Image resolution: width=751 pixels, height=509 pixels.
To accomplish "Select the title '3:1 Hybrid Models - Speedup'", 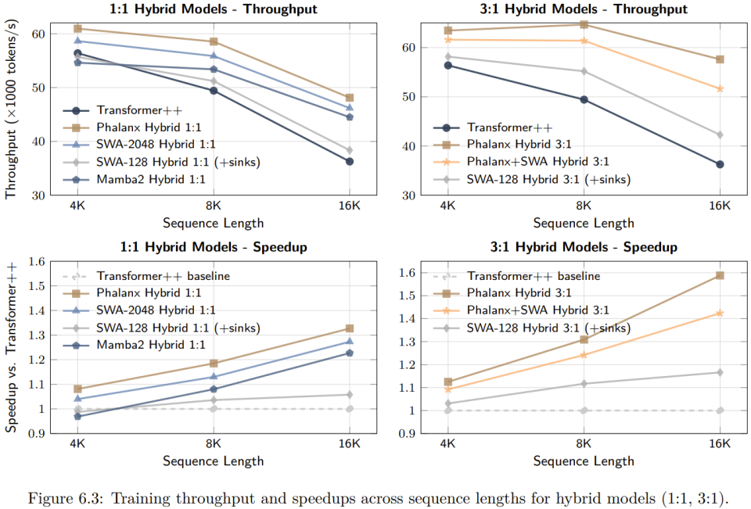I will tap(584, 247).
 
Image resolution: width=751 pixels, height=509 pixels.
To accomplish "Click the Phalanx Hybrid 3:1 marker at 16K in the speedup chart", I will tap(719, 275).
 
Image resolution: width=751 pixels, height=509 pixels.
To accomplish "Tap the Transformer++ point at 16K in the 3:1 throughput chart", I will tap(719, 164).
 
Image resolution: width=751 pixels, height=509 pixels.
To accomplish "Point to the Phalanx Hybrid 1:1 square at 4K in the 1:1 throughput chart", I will tap(77, 28).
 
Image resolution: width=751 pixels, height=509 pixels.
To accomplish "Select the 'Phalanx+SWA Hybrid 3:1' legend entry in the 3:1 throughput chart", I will tap(537, 162).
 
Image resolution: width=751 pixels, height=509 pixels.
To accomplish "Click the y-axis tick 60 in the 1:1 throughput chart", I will tap(38, 34).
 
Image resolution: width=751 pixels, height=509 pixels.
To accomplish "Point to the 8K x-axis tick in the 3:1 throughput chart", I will tap(583, 206).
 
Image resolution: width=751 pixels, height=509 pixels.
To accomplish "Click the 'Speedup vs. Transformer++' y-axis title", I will tap(12, 346).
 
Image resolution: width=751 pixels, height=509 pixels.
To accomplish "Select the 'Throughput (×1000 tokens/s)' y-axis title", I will tap(12, 110).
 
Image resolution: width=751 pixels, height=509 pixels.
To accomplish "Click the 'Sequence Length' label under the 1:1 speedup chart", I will tap(213, 461).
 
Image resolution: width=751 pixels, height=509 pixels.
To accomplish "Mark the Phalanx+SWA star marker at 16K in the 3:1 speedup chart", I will tap(719, 313).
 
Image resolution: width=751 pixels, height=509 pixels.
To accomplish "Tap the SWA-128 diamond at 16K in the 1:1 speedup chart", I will tap(349, 394).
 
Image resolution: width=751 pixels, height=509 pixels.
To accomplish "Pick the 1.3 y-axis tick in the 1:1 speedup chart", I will tap(37, 335).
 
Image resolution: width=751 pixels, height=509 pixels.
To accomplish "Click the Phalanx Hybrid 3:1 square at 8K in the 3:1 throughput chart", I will tap(583, 24).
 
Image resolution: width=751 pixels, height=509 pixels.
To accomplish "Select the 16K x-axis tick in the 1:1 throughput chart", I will tap(349, 206).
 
